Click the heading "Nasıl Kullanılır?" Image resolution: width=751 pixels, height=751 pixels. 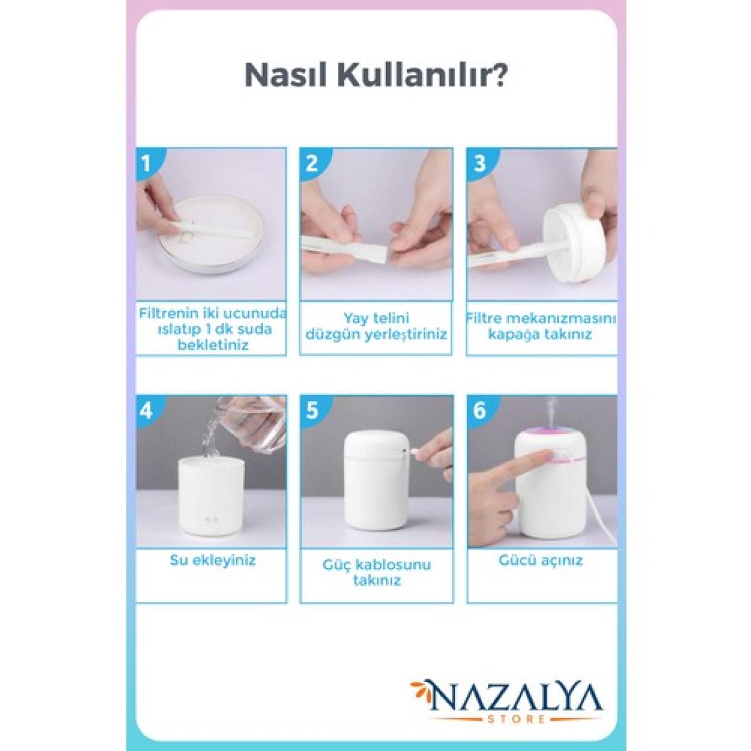click(376, 75)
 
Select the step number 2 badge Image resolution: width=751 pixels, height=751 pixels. click(312, 163)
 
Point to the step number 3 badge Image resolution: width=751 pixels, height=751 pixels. click(480, 163)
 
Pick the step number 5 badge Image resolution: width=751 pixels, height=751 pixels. click(312, 410)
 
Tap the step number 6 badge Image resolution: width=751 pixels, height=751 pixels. click(480, 410)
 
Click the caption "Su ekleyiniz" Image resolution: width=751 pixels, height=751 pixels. click(213, 561)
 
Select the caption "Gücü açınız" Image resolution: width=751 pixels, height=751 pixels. click(541, 561)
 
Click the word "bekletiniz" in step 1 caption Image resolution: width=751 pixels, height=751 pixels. click(213, 345)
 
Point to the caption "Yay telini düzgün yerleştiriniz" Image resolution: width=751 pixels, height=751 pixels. click(376, 326)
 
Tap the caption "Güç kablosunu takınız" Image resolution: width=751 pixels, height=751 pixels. click(376, 572)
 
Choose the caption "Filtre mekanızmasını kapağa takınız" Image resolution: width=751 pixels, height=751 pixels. click(541, 326)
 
